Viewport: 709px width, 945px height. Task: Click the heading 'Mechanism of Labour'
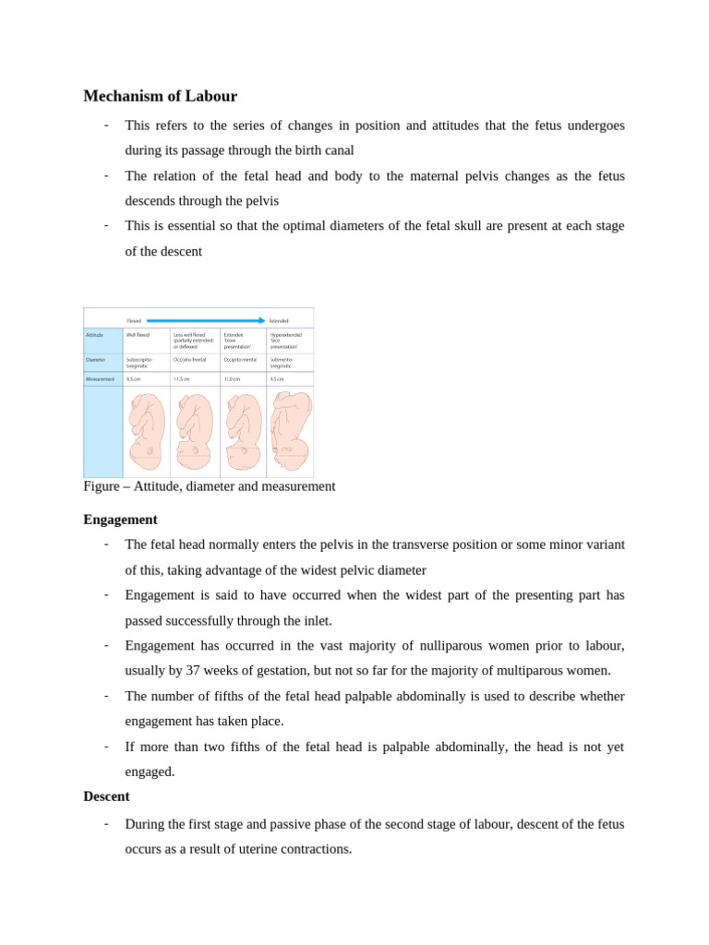[160, 96]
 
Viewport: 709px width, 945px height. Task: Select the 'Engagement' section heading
[120, 520]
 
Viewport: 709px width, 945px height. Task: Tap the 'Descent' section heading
[106, 795]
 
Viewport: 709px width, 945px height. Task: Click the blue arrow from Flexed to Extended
[205, 320]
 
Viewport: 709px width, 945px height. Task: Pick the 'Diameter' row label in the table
[95, 359]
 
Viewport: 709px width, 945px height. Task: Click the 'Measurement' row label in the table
[100, 378]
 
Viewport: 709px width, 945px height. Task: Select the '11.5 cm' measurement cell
[182, 378]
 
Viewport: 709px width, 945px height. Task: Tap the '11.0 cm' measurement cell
[232, 378]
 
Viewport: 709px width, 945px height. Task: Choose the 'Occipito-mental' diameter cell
[241, 359]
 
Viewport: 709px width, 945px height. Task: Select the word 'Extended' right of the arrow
[279, 320]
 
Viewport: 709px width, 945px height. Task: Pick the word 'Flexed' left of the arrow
[134, 320]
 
